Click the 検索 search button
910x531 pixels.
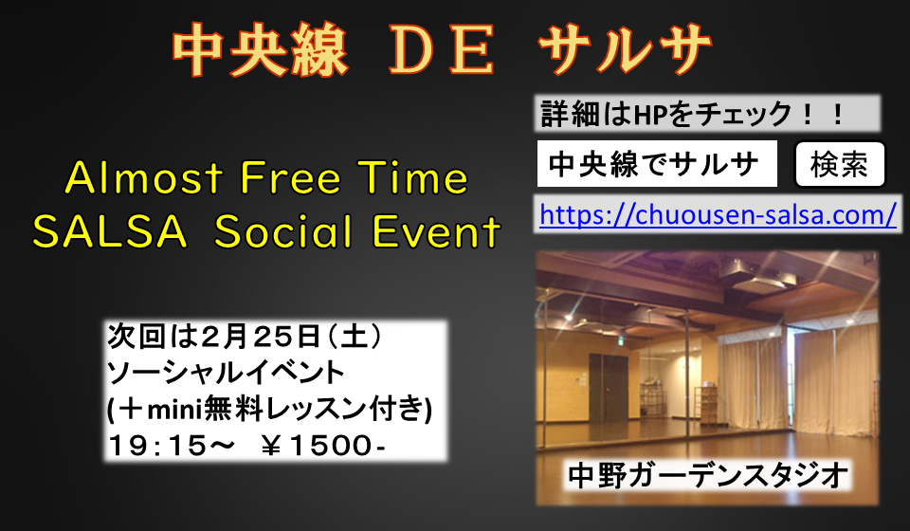pos(839,164)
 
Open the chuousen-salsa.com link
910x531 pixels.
pos(718,214)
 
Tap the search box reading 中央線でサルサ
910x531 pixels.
pos(657,164)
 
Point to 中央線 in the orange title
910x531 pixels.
pos(260,51)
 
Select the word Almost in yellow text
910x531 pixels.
pos(144,177)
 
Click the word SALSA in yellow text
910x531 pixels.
pos(110,231)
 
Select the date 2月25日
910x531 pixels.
pos(261,338)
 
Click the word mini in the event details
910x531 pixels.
pos(173,411)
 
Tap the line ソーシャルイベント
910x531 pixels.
pos(226,374)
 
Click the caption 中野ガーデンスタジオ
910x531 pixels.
pos(707,476)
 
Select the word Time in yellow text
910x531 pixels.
pos(412,177)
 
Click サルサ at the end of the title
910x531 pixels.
pos(625,51)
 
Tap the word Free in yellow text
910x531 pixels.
pos(290,177)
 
